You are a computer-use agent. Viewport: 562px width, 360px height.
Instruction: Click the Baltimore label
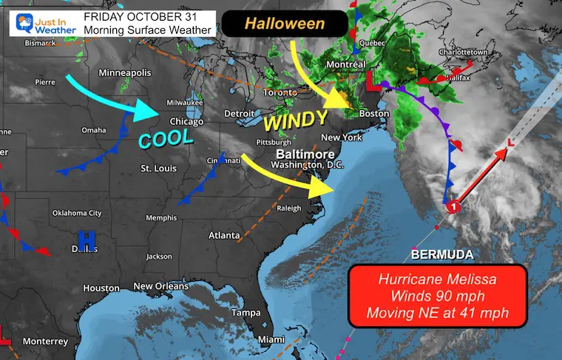click(302, 153)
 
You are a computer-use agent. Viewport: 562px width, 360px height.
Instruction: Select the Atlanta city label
click(223, 236)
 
